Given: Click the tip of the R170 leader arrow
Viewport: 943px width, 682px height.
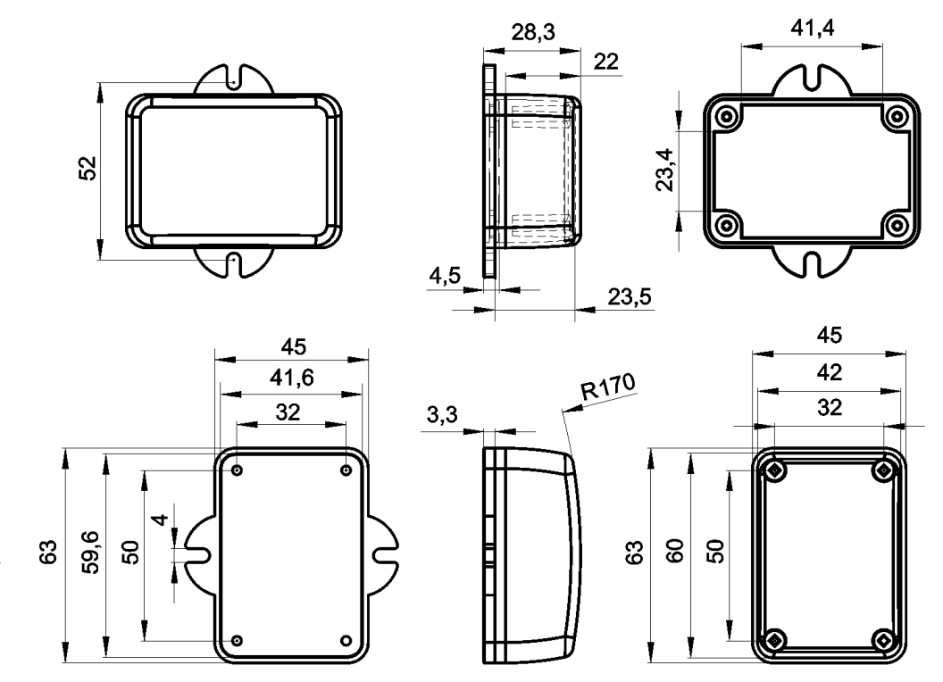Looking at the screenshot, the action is (563, 412).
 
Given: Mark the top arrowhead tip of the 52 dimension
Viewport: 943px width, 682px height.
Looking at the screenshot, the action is (100, 83).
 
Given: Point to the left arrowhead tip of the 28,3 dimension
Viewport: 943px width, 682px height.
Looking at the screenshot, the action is (483, 52).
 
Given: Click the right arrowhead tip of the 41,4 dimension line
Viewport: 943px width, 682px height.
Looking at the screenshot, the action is (882, 46).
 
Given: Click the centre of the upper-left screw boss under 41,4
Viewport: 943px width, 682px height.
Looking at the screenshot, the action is (728, 116).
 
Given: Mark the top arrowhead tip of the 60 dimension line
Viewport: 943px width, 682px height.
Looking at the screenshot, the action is (690, 453).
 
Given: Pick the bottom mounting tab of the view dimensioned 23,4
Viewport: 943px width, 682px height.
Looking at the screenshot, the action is (812, 262).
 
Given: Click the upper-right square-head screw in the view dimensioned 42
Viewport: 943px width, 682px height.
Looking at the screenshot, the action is (883, 470).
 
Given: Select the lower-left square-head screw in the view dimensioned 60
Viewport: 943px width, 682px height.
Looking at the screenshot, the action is (774, 640).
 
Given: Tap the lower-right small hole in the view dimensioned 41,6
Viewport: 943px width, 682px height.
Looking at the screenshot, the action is (346, 641).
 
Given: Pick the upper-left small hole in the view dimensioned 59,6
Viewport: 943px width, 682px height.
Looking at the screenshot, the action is (238, 470).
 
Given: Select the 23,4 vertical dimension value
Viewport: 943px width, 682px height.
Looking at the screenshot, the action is (665, 170).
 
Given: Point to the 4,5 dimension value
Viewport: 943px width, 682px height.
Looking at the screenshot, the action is (445, 276).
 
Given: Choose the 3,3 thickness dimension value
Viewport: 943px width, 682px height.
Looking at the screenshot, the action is (442, 414).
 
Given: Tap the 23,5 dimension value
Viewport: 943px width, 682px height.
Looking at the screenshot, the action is (629, 296).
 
